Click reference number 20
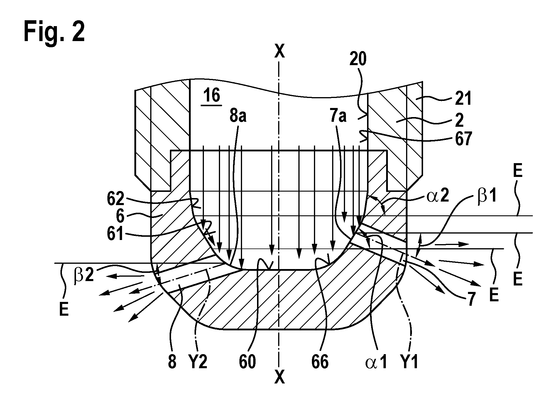(358, 60)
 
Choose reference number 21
(463, 99)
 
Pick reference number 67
(462, 139)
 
